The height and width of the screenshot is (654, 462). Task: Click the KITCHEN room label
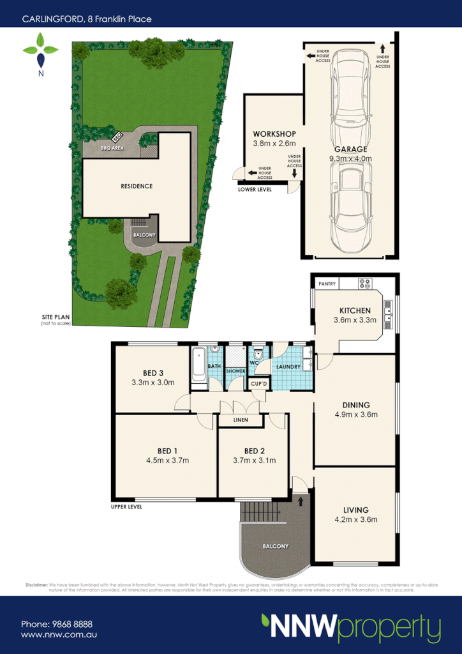(x=355, y=310)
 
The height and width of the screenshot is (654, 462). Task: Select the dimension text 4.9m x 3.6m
(x=355, y=414)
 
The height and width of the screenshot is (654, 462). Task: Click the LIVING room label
(x=355, y=510)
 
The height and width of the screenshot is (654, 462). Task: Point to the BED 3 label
(x=153, y=373)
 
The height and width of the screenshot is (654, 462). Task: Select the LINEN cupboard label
(x=241, y=420)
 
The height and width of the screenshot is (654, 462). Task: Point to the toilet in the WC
(x=258, y=354)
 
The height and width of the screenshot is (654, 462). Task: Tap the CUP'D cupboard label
(x=260, y=383)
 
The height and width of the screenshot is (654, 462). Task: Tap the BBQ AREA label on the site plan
(x=112, y=148)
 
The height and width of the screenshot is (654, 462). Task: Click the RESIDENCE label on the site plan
(x=137, y=186)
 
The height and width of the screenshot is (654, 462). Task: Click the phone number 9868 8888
(x=57, y=624)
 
